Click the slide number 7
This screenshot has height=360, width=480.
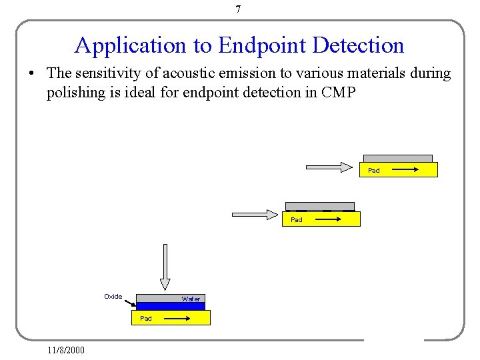pos(238,9)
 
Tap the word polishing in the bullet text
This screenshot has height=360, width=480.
pos(75,92)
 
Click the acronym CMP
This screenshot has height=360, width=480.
pos(339,92)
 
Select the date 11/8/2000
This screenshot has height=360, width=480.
pos(66,349)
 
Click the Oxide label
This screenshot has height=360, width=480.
pos(113,297)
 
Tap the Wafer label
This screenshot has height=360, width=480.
pos(191,299)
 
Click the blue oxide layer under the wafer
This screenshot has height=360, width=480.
pos(170,307)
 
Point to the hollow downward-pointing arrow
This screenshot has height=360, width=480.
pos(165,267)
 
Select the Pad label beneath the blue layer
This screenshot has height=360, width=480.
pos(146,319)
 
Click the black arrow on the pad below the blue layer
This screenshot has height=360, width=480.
pos(177,319)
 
